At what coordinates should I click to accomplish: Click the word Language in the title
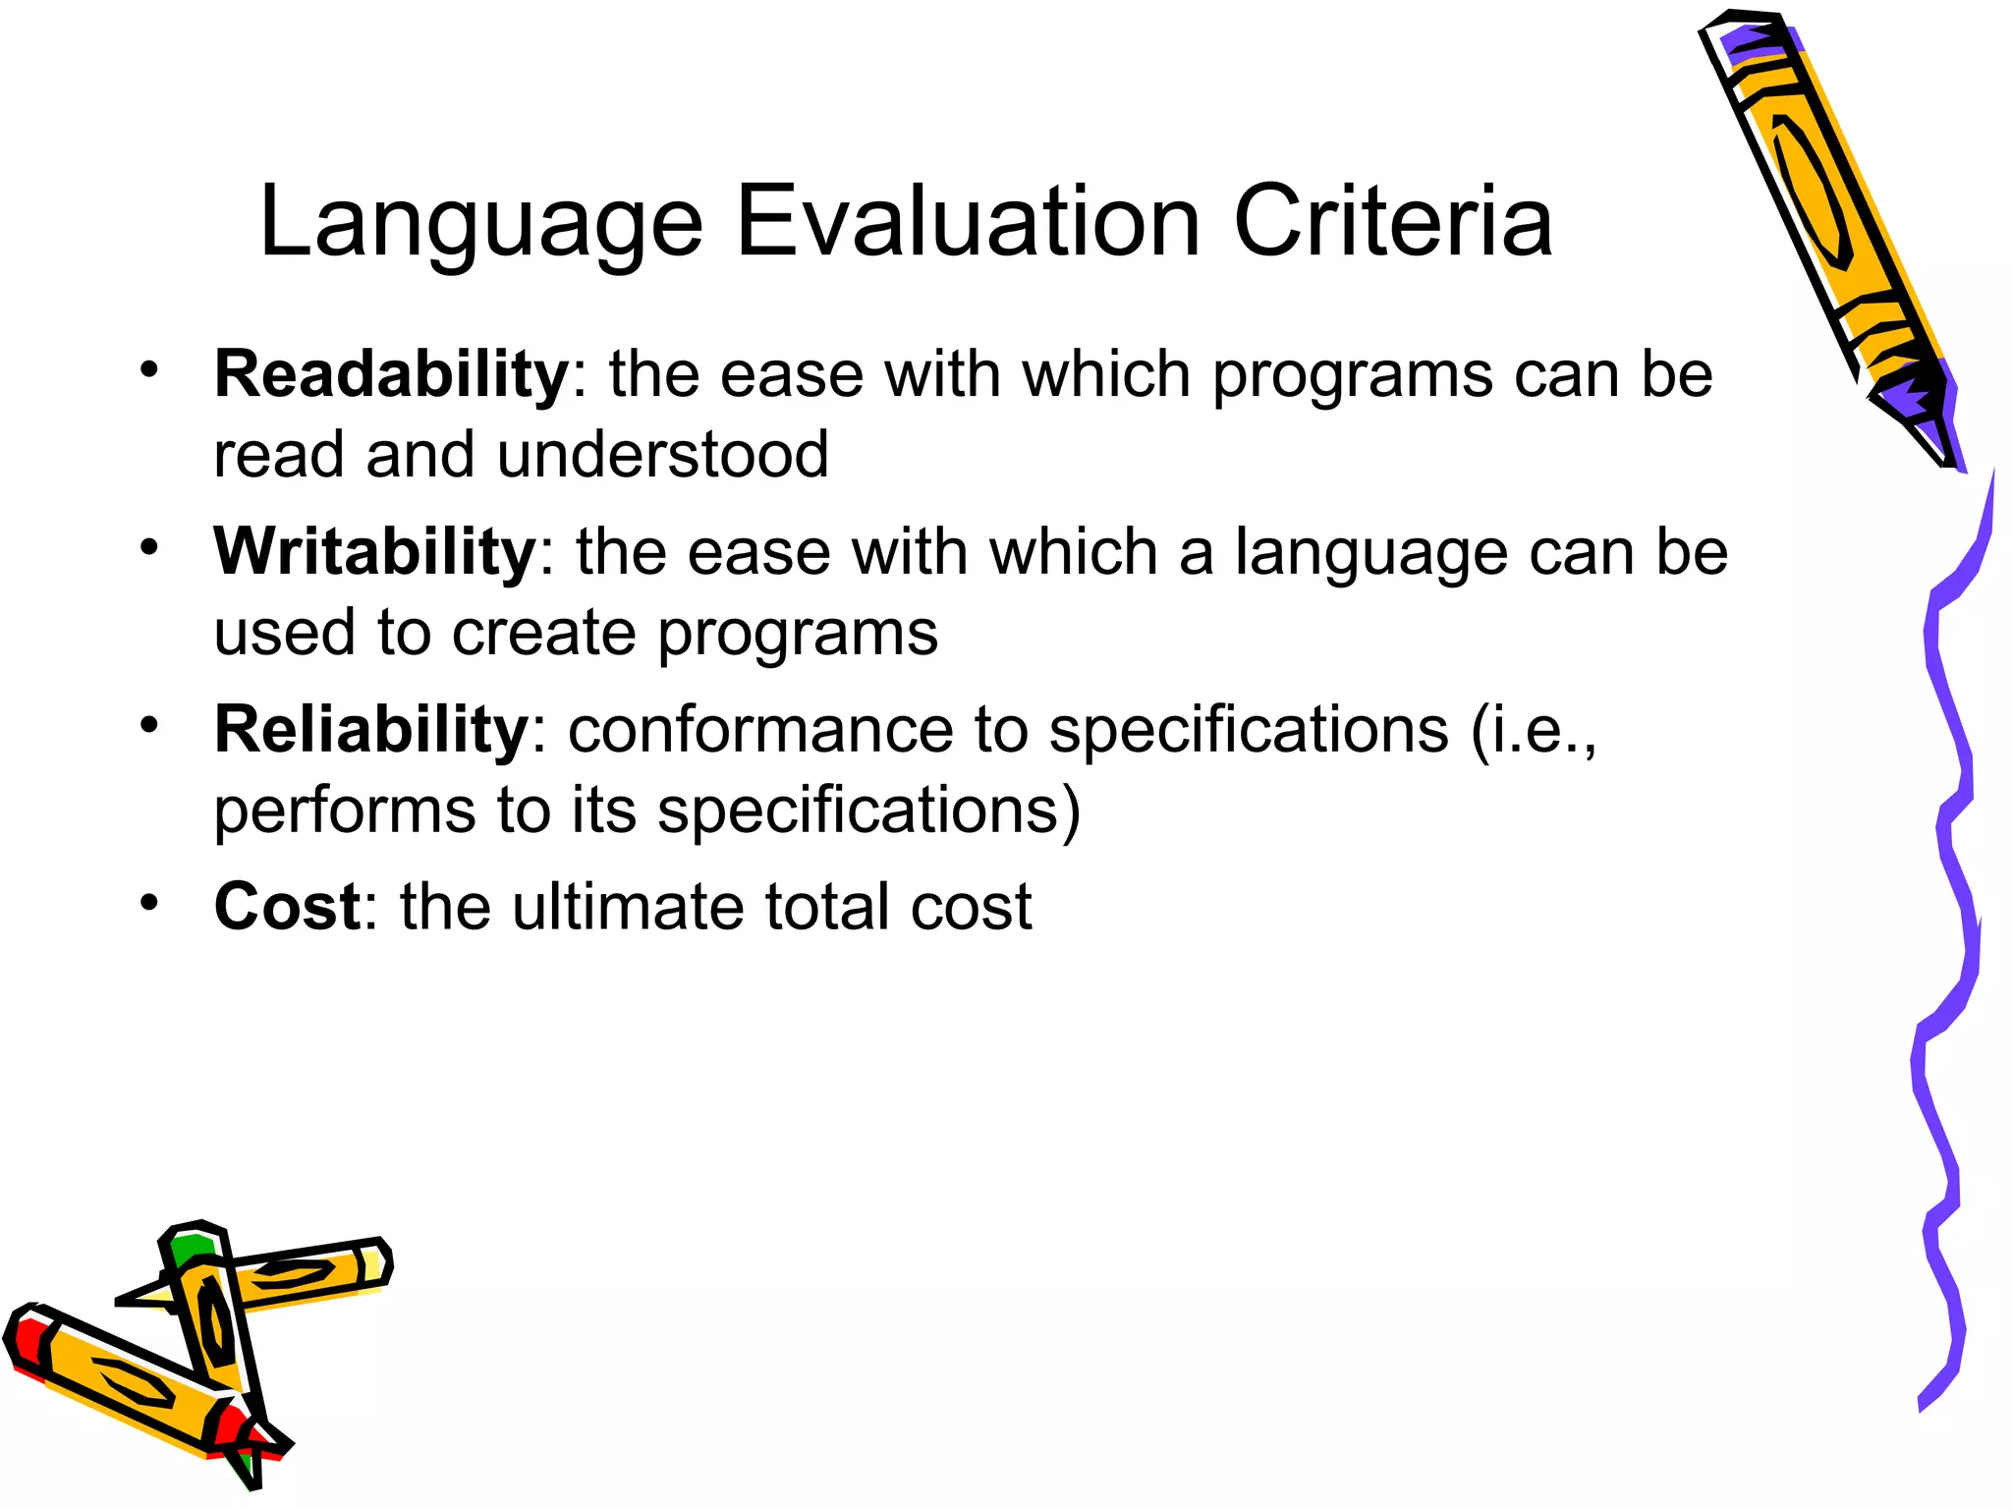coord(480,224)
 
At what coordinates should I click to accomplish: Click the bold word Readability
coord(391,375)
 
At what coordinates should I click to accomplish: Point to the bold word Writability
coord(374,552)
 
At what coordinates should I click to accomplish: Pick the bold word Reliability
coord(371,730)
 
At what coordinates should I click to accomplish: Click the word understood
coord(663,455)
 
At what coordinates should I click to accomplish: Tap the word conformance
coord(760,730)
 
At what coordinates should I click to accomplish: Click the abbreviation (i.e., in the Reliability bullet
coord(1534,732)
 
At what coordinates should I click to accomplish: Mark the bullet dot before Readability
coord(148,370)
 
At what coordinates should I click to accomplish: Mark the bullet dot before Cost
coord(148,902)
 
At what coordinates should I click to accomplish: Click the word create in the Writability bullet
coord(543,633)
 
